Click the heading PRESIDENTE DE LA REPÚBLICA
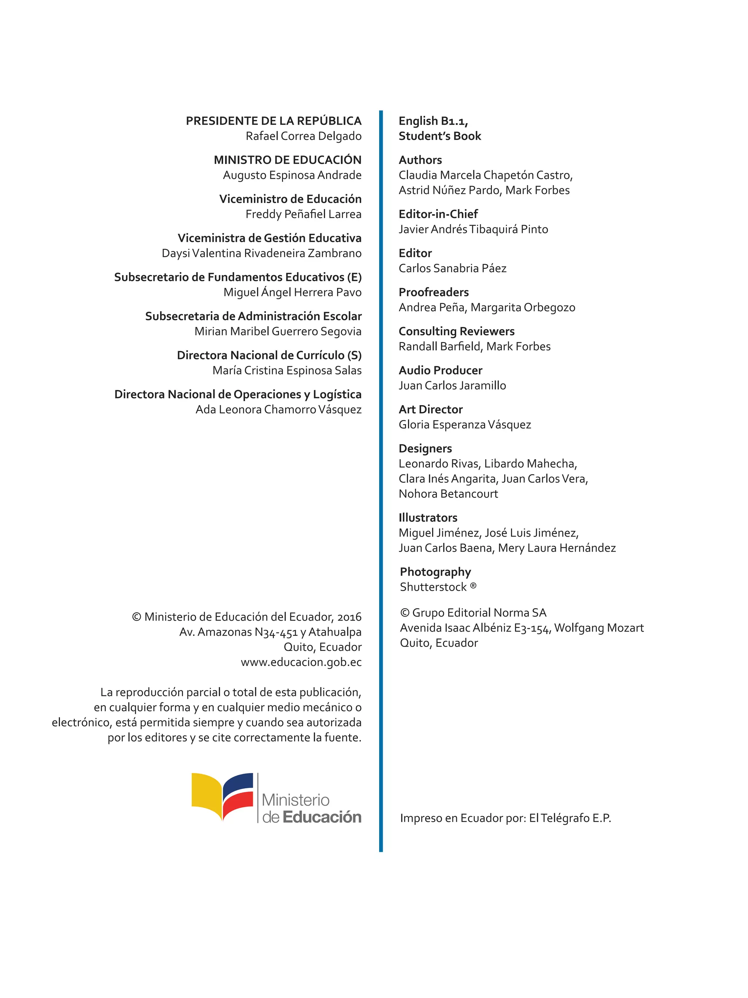point(274,121)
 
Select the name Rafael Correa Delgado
point(303,136)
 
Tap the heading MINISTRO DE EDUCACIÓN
point(287,160)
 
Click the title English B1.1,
point(433,121)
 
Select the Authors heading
point(420,160)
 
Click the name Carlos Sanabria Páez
point(452,268)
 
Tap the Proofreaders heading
point(434,292)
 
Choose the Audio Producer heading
point(440,370)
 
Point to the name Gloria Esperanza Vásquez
point(465,424)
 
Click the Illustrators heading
point(428,518)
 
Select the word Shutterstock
point(433,587)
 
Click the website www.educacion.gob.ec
point(301,662)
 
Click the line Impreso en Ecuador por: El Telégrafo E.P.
point(505,818)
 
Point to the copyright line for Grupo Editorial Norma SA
point(473,612)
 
